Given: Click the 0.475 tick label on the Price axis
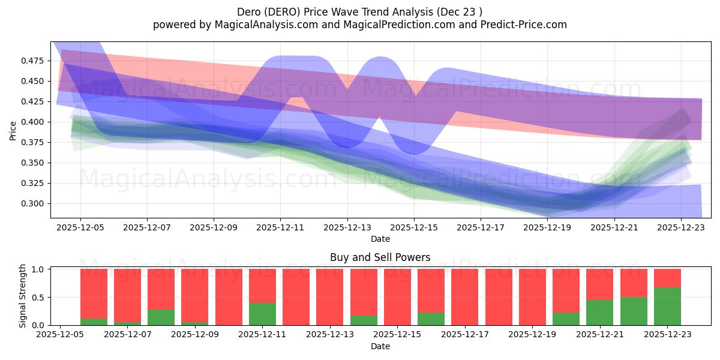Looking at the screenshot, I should pyautogui.click(x=33, y=61).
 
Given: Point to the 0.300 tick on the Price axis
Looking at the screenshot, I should pyautogui.click(x=33, y=203).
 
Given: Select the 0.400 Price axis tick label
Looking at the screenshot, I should pyautogui.click(x=33, y=122).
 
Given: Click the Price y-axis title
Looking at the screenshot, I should pyautogui.click(x=13, y=130).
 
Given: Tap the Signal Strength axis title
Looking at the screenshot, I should pyautogui.click(x=22, y=296).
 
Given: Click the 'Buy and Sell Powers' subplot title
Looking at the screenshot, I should pyautogui.click(x=380, y=257).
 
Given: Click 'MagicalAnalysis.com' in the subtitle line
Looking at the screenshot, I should pyautogui.click(x=262, y=25).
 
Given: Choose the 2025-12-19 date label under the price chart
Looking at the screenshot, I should pyautogui.click(x=547, y=228).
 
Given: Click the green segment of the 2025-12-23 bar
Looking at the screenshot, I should pyautogui.click(x=667, y=306).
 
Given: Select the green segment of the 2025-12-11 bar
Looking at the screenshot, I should pyautogui.click(x=262, y=314).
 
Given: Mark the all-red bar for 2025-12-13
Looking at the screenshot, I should pyautogui.click(x=330, y=297).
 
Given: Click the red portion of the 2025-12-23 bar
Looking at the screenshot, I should pyautogui.click(x=667, y=278).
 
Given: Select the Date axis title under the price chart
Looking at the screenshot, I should pyautogui.click(x=380, y=239).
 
